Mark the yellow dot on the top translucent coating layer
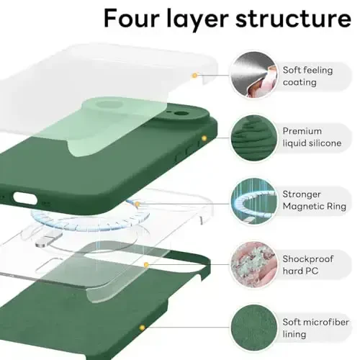(194, 74)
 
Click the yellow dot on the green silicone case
(204, 137)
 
